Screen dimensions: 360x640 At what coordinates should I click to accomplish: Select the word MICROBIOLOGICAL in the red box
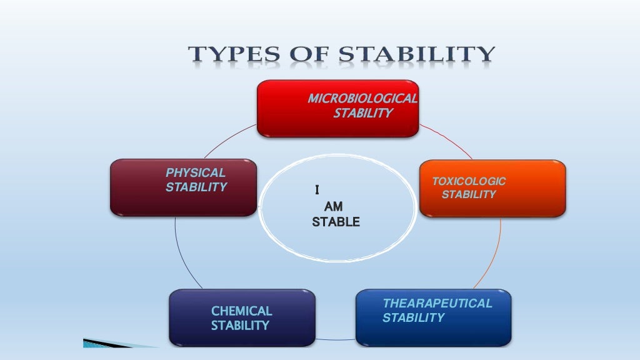362,99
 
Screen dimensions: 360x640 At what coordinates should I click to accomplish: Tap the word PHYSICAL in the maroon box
196,173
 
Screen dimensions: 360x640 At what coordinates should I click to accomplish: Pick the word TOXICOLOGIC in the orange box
469,182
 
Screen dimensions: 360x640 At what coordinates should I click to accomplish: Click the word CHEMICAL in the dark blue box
241,311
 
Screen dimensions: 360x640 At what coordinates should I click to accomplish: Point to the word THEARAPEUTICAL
437,304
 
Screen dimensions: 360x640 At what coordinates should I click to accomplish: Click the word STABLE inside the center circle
336,222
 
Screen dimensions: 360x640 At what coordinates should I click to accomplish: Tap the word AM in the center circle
333,206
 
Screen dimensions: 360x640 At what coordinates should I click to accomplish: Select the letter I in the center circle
317,189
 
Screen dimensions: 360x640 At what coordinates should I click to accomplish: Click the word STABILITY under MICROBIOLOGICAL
363,113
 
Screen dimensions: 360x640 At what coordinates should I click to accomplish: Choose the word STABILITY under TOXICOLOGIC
469,195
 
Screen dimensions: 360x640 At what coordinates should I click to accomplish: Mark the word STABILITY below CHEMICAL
240,326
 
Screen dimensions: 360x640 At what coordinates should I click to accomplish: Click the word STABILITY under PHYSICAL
196,187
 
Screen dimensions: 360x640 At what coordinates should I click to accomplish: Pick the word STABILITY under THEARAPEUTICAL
413,318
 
